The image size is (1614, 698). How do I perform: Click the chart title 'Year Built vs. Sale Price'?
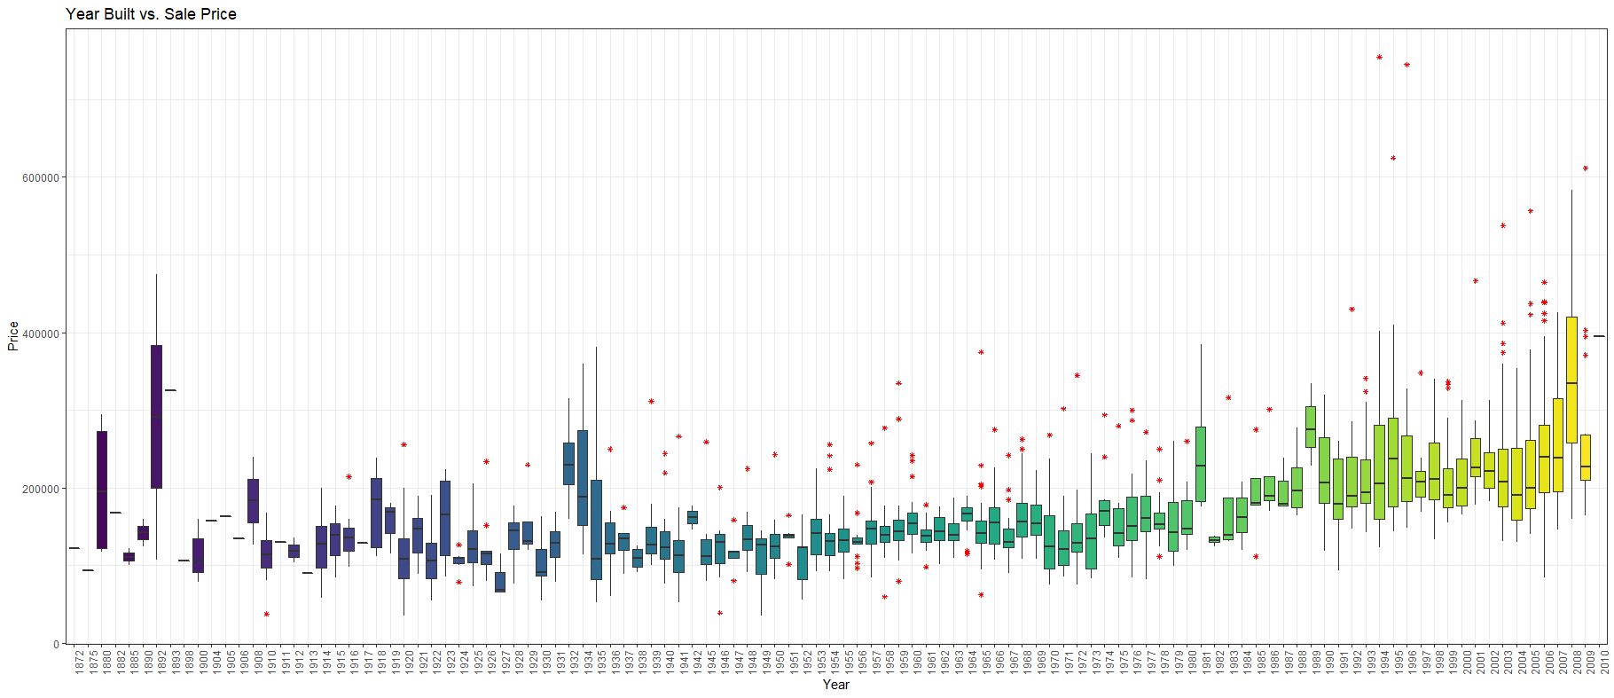(x=151, y=14)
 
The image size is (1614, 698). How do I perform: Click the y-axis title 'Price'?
(x=12, y=336)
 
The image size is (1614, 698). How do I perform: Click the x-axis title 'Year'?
(x=835, y=684)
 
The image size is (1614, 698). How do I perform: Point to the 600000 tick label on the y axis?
(x=41, y=178)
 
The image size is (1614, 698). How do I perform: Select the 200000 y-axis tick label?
(x=41, y=490)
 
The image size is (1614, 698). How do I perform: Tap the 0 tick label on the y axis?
(x=56, y=645)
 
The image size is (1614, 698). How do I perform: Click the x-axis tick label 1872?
(x=80, y=661)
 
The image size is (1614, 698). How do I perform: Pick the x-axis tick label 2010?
(x=1604, y=661)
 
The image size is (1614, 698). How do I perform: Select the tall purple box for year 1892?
(x=156, y=417)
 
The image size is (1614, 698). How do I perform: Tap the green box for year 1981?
(x=1201, y=464)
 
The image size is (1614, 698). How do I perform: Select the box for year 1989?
(x=1311, y=427)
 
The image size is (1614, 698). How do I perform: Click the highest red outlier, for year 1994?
(x=1379, y=57)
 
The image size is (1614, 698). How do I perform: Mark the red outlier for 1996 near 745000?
(x=1406, y=65)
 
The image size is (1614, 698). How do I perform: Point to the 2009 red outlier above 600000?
(x=1586, y=168)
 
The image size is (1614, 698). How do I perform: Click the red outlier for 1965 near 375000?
(x=981, y=352)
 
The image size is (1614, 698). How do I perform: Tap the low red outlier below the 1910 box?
(x=266, y=614)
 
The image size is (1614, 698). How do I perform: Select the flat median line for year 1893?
(x=170, y=390)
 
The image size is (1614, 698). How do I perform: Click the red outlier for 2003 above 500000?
(x=1503, y=225)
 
